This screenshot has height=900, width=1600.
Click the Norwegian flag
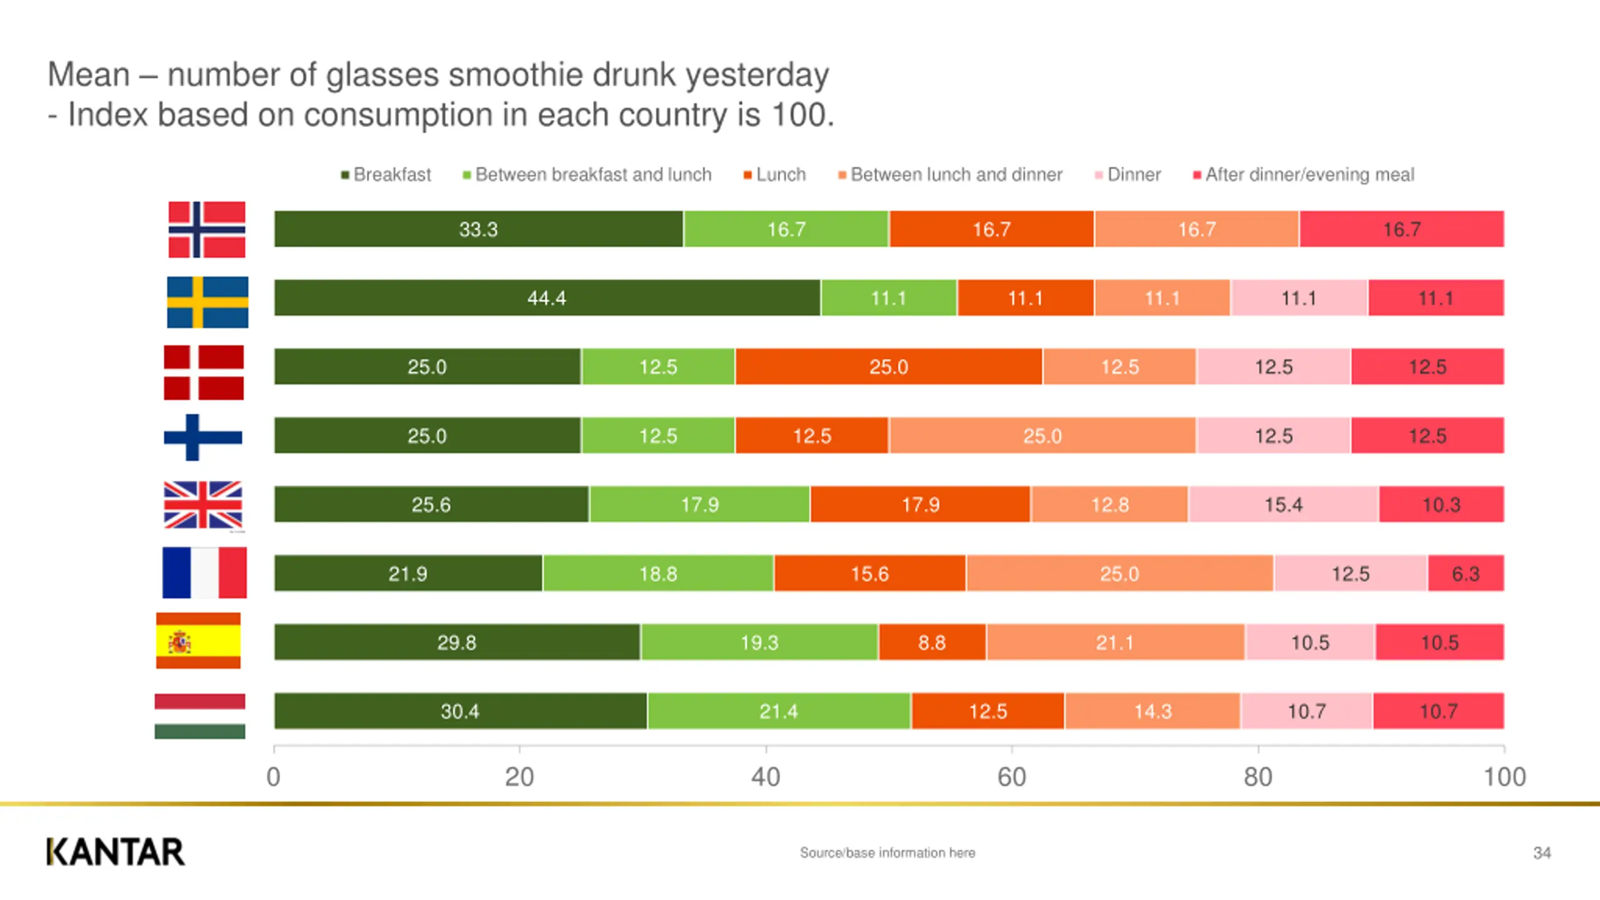click(x=207, y=229)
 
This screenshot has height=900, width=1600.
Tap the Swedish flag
click(x=207, y=302)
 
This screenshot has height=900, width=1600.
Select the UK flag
click(x=203, y=505)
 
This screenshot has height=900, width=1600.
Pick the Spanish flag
click(x=198, y=641)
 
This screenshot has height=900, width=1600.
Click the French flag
click(x=204, y=572)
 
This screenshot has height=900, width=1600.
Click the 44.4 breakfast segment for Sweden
click(x=547, y=297)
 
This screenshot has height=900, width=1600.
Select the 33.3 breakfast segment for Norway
click(x=478, y=229)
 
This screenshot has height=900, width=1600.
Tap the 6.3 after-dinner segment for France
click(x=1466, y=573)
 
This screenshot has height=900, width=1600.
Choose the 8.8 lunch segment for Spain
click(x=932, y=642)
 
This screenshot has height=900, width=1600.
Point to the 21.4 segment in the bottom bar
click(x=779, y=711)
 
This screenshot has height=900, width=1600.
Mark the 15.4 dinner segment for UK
click(x=1284, y=504)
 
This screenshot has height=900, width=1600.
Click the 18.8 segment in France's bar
click(x=658, y=573)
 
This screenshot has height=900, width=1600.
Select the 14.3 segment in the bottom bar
click(x=1153, y=711)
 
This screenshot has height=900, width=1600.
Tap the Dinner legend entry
click(x=1128, y=174)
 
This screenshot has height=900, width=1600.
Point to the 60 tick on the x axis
click(x=1012, y=777)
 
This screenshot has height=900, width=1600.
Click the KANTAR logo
click(x=116, y=852)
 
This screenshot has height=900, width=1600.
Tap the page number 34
click(x=1542, y=852)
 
